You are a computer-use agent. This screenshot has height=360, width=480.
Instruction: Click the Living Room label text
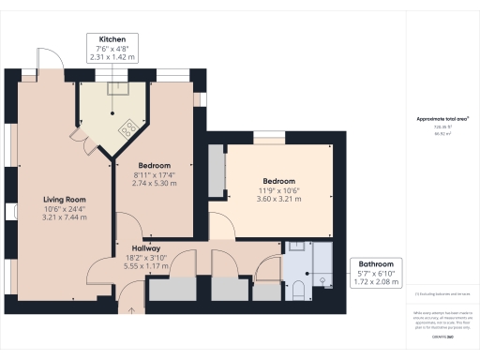tap(64, 199)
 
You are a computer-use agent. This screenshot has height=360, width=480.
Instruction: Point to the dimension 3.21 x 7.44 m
tap(64, 217)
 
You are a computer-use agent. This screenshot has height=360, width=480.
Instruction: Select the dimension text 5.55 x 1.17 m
tap(144, 265)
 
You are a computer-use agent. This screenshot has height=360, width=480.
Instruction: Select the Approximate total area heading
tap(442, 119)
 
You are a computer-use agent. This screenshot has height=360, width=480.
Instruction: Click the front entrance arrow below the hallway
tap(131, 308)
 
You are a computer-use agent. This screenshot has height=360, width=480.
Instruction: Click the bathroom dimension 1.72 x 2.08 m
tap(373, 281)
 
